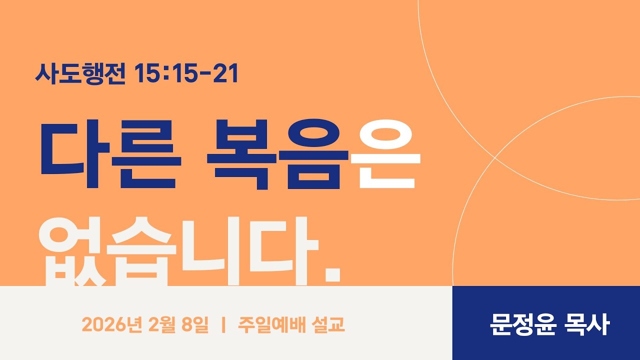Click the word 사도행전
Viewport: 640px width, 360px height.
[80, 73]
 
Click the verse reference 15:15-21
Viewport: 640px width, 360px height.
[186, 73]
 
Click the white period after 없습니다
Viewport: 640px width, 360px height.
[332, 274]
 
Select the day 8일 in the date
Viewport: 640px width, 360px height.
[195, 325]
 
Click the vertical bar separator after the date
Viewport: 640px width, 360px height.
[223, 325]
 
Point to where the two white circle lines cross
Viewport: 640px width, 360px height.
[495, 157]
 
